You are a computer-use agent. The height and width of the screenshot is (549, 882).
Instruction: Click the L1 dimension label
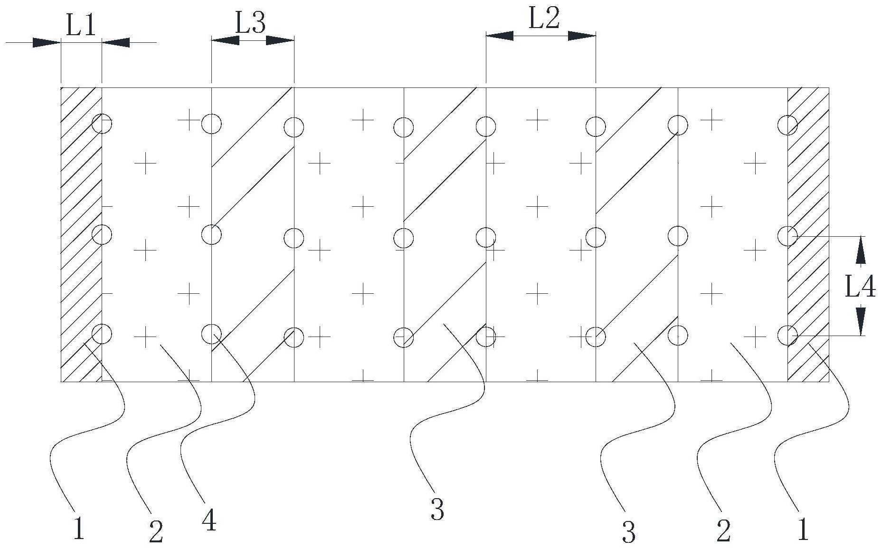pos(81,26)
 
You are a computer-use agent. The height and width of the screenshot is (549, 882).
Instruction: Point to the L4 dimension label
pos(860,287)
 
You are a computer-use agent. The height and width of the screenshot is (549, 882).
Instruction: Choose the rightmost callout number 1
pos(803,529)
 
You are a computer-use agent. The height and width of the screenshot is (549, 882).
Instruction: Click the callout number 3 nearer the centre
pos(437,509)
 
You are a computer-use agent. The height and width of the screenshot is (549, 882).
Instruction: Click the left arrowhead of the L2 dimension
pos(499,36)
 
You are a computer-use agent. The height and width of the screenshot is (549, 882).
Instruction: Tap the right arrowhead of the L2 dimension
pos(582,36)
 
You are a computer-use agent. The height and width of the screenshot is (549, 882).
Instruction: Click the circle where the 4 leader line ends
pos(211,334)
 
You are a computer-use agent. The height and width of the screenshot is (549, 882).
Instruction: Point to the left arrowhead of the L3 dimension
pos(225,41)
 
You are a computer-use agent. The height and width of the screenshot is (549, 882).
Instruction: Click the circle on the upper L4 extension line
pos(787,236)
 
